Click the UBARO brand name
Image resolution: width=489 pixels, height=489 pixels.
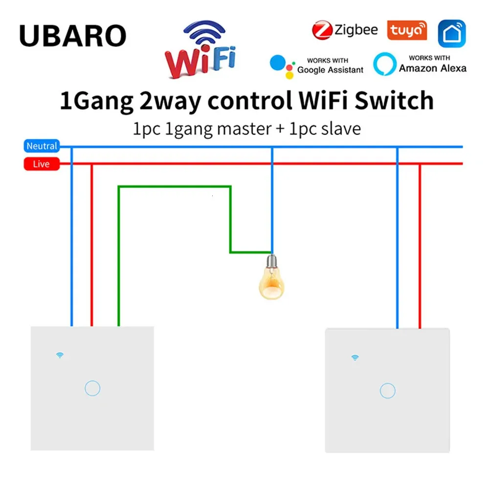73,36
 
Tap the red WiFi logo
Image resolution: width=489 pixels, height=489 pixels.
200,49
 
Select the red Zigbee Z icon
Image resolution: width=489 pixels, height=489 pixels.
322,30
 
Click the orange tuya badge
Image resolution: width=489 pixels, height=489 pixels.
407,30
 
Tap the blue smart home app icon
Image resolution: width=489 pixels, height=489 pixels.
452,33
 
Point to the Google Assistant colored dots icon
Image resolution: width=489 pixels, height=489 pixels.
283,67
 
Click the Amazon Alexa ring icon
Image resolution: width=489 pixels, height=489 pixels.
385,64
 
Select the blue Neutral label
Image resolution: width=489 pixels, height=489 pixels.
42,146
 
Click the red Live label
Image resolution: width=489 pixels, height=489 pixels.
42,164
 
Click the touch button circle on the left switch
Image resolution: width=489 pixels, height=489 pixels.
92,388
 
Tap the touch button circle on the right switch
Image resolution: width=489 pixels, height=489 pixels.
388,391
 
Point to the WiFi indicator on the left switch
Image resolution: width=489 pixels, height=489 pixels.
60,355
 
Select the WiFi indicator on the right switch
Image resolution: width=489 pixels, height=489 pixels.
355,357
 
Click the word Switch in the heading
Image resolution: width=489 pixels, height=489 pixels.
394,101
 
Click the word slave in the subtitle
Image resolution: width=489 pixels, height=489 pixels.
341,129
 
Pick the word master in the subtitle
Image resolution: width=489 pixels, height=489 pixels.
244,129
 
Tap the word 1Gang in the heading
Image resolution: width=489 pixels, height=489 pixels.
96,102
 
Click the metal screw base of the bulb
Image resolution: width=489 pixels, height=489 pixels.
271,261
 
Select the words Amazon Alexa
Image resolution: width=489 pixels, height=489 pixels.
433,68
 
